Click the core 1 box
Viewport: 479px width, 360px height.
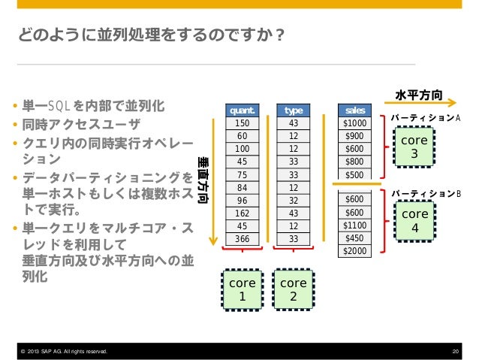(x=243, y=290)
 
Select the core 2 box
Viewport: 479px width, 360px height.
(x=294, y=290)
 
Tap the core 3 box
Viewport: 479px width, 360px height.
(x=414, y=148)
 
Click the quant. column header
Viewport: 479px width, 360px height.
(x=243, y=110)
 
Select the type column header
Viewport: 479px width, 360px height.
(x=294, y=110)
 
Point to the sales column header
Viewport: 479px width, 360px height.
(x=355, y=110)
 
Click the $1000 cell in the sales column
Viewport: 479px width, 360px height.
(x=355, y=123)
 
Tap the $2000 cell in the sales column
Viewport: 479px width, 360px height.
(x=355, y=250)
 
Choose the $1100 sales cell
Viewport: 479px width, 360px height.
(x=355, y=225)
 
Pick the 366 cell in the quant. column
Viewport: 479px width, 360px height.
(x=243, y=238)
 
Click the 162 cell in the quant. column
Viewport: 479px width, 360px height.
(x=243, y=213)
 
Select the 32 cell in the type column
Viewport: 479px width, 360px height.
(x=294, y=200)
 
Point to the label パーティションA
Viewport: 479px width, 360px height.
(x=425, y=119)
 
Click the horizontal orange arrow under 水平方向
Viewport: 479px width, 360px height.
(x=417, y=105)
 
